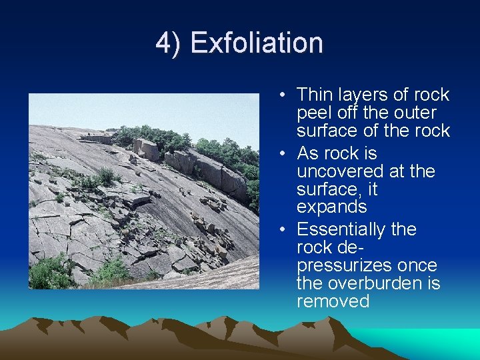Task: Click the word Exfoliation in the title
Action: click(257, 43)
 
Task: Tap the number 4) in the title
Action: click(168, 43)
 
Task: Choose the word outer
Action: click(413, 113)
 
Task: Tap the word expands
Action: click(331, 207)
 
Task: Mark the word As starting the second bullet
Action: click(307, 153)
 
